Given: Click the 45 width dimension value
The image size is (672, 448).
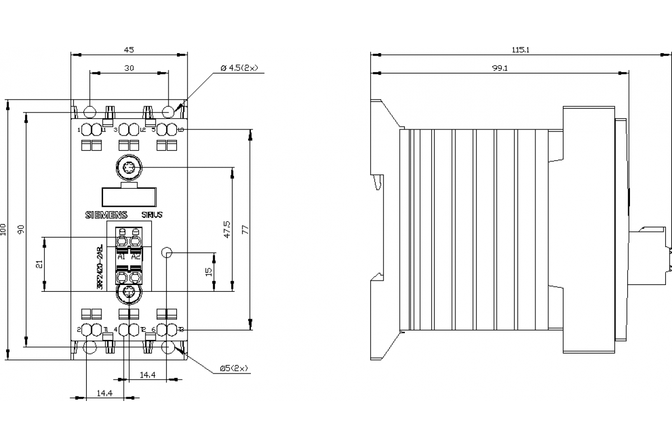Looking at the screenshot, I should tap(128, 50).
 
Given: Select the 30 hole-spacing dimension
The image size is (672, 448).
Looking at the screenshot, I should tap(128, 68).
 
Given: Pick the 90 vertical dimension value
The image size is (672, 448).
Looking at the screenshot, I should tap(21, 229).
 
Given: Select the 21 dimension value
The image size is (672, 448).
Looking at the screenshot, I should tap(39, 264).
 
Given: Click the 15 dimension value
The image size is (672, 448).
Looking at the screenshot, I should tap(209, 272).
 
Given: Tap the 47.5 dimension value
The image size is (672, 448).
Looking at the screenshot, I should tap(227, 229).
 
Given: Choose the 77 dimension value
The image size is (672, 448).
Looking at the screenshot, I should tap(245, 229).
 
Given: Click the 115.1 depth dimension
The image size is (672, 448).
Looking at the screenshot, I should tap(520, 50).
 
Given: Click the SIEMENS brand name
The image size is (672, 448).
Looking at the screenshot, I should tap(106, 214).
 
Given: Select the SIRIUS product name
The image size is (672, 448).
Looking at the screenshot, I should tap(151, 214).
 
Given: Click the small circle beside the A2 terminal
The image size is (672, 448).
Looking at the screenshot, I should tap(166, 253).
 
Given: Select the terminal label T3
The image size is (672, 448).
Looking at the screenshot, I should tap(180, 329).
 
